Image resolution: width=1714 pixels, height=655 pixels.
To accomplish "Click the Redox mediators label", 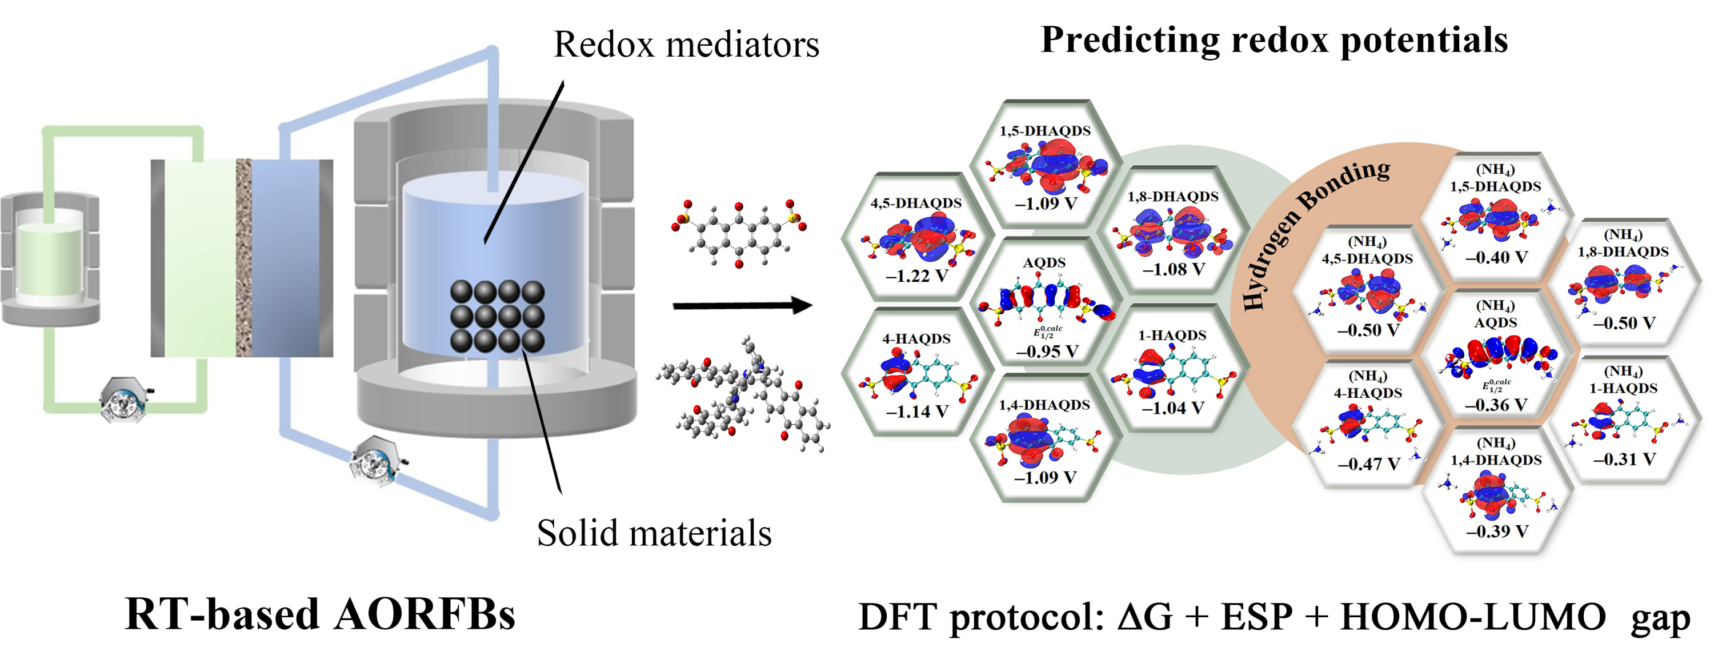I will click(686, 45).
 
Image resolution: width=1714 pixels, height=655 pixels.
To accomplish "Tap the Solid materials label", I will click(654, 533).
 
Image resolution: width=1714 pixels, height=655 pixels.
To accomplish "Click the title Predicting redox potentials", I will click(1274, 40).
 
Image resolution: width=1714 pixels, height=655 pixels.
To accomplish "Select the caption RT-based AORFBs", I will click(319, 614).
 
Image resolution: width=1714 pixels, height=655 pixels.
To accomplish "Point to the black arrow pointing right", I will click(742, 306).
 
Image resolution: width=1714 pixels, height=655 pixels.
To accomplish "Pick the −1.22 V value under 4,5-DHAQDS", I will click(916, 275).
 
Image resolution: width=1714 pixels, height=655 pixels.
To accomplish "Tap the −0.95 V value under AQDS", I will click(1047, 351).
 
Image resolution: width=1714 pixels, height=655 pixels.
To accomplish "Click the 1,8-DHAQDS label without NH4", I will click(1172, 197).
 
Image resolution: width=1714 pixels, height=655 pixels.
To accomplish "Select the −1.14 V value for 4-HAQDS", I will click(916, 412).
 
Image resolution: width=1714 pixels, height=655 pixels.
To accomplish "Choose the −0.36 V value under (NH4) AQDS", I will click(1495, 405).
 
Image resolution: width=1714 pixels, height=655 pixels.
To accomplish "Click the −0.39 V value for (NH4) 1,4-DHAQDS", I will click(1496, 531).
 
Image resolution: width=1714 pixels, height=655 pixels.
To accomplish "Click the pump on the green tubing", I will click(125, 400).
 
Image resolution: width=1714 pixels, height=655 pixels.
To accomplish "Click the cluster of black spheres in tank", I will click(497, 316).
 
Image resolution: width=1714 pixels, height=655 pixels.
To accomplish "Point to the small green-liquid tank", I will click(50, 259).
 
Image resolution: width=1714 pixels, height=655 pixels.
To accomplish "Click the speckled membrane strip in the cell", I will click(243, 258).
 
